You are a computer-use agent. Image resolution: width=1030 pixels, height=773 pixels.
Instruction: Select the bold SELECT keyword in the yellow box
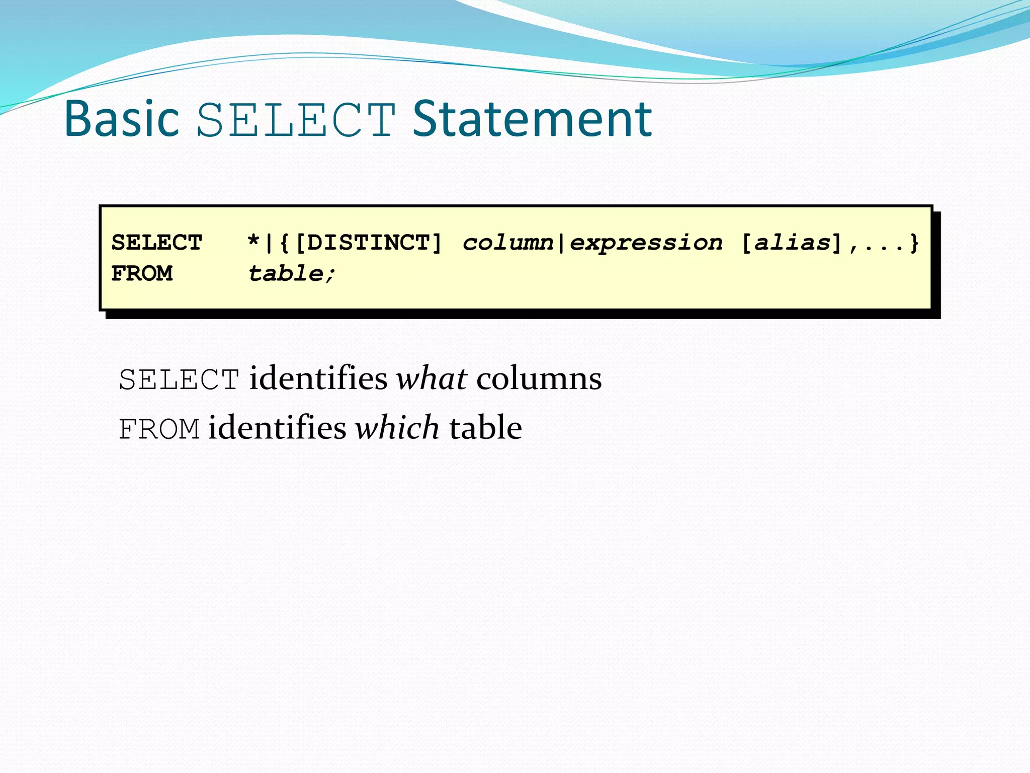point(157,243)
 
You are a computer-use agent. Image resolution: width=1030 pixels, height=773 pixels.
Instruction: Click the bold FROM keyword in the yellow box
point(142,273)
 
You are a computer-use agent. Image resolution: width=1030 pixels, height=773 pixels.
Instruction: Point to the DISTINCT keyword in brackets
point(368,243)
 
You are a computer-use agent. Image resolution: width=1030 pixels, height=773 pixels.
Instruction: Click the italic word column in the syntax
point(508,243)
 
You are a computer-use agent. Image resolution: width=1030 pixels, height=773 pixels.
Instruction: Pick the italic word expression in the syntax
point(646,243)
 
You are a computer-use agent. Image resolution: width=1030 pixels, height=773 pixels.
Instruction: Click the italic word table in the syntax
point(286,273)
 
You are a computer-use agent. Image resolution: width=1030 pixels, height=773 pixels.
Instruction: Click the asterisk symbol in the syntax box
point(253,243)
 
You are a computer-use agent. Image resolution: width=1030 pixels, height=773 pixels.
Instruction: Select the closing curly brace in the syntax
point(914,243)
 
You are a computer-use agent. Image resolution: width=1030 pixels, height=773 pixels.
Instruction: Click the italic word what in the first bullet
point(432,378)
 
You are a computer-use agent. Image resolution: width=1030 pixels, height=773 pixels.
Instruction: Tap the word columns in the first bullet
point(539,378)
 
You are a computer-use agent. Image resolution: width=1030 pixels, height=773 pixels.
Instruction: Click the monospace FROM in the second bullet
point(159,429)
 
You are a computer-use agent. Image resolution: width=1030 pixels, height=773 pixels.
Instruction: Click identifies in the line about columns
point(318,378)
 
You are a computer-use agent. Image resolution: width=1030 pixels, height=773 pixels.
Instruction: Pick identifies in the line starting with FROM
point(277,428)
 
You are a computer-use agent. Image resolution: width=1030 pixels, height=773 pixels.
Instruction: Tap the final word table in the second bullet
point(485,428)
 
